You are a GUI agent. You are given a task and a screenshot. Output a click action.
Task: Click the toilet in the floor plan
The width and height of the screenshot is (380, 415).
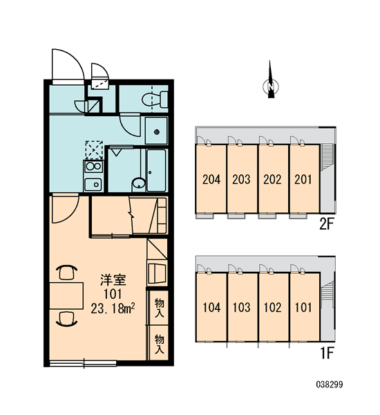click(155, 100)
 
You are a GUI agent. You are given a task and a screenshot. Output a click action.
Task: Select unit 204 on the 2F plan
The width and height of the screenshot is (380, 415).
click(211, 178)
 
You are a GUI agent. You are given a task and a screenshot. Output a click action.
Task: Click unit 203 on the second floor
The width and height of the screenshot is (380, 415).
click(242, 178)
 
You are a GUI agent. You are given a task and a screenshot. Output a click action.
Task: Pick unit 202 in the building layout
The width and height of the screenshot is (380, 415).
click(273, 178)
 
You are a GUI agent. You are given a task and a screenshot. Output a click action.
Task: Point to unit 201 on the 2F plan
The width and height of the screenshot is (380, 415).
click(305, 178)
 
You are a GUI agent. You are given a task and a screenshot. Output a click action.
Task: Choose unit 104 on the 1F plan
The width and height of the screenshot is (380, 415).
click(211, 307)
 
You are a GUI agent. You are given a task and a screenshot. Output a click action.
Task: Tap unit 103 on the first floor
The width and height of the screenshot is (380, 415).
click(242, 307)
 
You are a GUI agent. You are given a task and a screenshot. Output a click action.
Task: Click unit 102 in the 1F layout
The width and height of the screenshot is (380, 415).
click(273, 307)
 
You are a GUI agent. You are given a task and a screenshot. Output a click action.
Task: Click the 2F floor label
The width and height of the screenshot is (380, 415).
click(327, 225)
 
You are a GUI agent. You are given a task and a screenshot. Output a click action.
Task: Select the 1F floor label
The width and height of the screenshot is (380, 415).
click(327, 353)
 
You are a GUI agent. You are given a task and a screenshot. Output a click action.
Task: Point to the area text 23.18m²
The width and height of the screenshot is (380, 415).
click(113, 308)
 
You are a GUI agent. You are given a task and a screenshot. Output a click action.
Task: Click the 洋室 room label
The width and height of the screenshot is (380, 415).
click(113, 280)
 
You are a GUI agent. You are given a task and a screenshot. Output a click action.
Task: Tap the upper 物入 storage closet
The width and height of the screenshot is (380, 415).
click(159, 308)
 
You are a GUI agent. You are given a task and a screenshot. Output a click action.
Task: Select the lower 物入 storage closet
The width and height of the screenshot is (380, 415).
click(159, 343)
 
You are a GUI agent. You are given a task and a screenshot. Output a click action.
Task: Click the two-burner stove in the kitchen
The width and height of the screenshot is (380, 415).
click(93, 167)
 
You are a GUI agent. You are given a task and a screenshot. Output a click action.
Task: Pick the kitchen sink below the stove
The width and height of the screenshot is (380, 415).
click(93, 184)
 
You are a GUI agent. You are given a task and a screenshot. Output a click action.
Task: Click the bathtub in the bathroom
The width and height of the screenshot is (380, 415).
click(156, 170)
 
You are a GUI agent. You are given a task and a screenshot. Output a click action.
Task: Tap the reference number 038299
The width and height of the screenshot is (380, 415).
click(330, 385)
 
